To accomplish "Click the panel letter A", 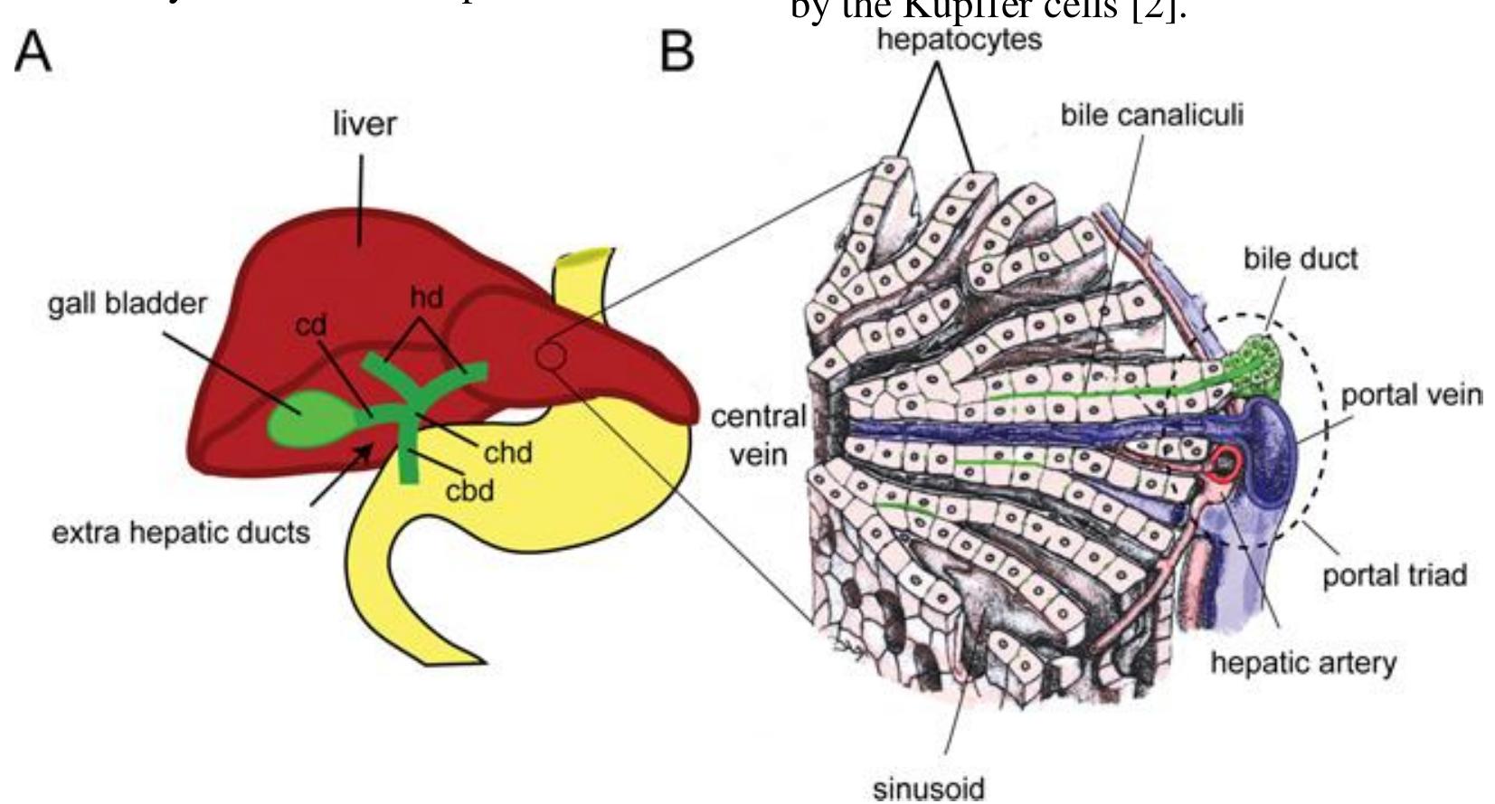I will (33, 52).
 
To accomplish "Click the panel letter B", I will (677, 52).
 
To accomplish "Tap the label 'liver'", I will (364, 124).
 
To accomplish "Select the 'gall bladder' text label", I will (127, 303).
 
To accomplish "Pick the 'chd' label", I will (507, 451).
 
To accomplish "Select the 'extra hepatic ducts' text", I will (180, 533).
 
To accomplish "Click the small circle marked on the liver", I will (552, 356).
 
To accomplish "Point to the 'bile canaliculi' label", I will (1151, 115).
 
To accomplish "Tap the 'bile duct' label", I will (1300, 259).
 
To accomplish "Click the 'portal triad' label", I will (1394, 574).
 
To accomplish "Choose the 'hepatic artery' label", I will (1302, 663).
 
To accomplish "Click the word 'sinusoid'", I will (928, 788).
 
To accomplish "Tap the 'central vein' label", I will (758, 435).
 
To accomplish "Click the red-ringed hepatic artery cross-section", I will (1225, 464).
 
